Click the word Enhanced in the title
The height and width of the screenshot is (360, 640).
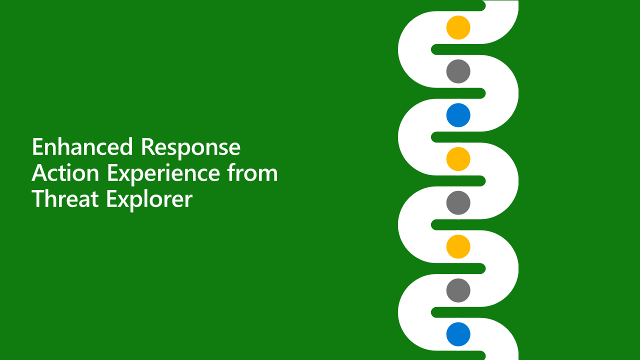tap(82, 147)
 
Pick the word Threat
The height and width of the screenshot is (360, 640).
tap(65, 199)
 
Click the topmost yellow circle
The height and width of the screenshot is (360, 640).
tap(458, 27)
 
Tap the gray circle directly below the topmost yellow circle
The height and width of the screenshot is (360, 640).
tap(458, 71)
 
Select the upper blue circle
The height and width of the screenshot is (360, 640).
tap(458, 115)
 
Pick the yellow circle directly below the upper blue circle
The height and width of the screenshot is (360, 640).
tap(458, 159)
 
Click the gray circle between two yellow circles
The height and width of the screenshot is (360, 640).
tap(458, 202)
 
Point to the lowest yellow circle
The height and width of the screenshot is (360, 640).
tap(458, 246)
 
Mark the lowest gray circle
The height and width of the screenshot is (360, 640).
tap(458, 290)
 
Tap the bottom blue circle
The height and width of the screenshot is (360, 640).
tap(458, 334)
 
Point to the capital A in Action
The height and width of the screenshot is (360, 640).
tap(39, 173)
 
